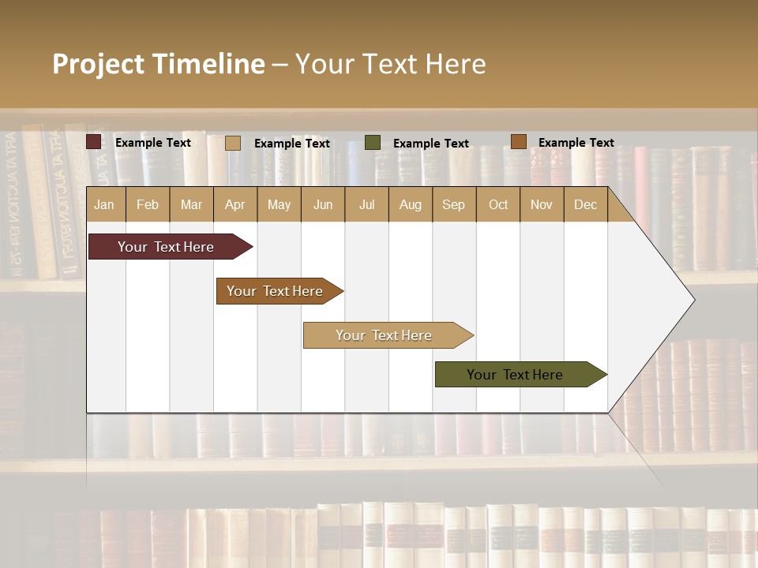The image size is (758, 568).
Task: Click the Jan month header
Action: (105, 204)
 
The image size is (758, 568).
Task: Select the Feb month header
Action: (148, 204)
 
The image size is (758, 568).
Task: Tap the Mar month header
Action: (191, 204)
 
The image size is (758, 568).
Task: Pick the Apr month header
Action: (235, 204)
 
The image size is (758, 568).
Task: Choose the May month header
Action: (279, 204)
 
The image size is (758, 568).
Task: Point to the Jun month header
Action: (323, 204)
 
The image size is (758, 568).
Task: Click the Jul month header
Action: (366, 204)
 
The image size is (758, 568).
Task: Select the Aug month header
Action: (411, 204)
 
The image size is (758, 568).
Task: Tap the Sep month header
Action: (454, 204)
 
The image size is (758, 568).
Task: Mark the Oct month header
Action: (498, 204)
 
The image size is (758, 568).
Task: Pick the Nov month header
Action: (542, 204)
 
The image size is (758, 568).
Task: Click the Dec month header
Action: (586, 204)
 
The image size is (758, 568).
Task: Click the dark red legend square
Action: (94, 142)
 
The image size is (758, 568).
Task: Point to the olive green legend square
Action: (373, 143)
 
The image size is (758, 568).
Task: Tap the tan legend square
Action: (233, 143)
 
